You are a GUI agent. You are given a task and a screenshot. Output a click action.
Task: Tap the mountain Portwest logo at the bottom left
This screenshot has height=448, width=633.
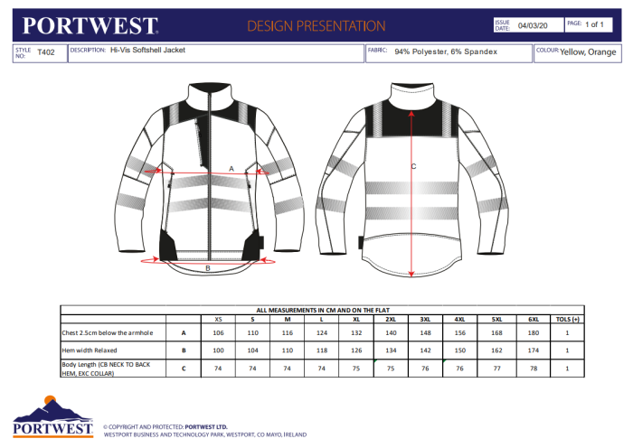tap(52, 418)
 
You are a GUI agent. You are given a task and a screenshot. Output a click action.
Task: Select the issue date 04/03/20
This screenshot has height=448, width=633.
tap(533, 26)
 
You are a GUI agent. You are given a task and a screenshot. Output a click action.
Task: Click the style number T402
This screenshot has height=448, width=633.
tap(46, 52)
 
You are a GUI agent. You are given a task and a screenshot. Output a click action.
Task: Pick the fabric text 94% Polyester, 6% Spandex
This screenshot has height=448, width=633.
tap(446, 51)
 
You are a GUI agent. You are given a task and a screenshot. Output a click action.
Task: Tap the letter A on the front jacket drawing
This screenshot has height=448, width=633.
tap(231, 168)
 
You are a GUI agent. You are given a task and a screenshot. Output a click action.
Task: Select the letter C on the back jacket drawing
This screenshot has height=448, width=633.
tap(413, 166)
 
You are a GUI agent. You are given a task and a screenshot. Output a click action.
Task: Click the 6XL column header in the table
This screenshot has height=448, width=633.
tap(534, 319)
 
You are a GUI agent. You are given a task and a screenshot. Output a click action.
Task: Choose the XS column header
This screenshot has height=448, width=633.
tap(218, 319)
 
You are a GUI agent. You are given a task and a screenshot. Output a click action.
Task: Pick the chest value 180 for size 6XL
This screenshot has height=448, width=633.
tap(534, 333)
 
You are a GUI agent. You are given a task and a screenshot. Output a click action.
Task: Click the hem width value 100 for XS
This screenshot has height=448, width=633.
tap(218, 350)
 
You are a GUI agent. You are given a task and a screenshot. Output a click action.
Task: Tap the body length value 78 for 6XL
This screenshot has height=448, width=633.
tap(534, 368)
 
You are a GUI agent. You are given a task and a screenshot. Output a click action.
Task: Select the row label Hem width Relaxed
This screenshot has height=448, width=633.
tap(91, 350)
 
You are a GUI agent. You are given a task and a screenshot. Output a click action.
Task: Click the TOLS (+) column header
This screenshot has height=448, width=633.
tap(567, 319)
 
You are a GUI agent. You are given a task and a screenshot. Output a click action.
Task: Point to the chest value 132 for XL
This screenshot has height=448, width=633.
tap(356, 333)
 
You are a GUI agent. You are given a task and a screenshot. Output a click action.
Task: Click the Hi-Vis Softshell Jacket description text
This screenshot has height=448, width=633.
tap(147, 51)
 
